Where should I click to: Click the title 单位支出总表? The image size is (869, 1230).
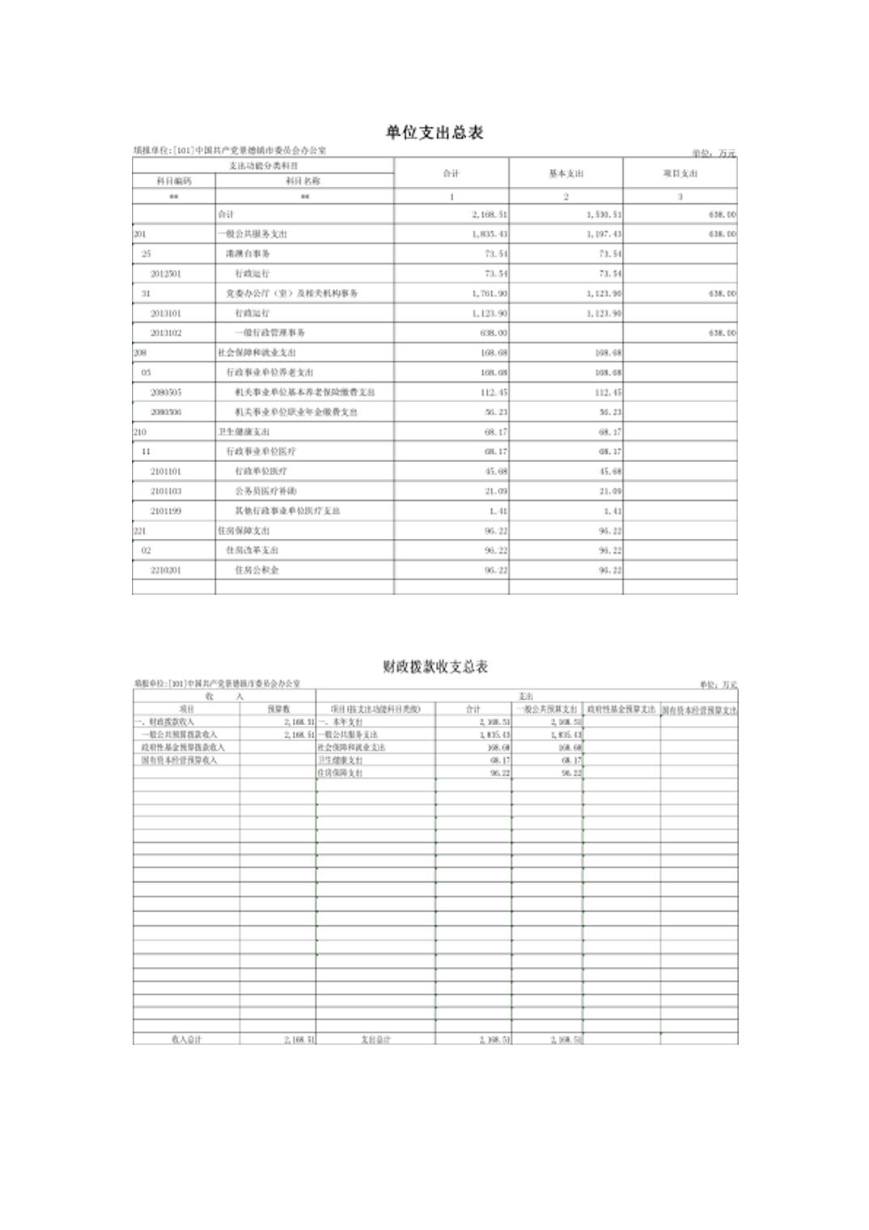(434, 133)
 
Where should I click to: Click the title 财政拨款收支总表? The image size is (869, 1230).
(435, 667)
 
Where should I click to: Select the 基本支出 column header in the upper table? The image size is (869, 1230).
(566, 174)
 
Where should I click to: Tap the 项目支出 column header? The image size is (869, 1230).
(680, 174)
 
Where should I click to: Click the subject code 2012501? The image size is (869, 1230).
(166, 274)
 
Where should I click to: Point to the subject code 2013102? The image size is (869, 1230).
(166, 333)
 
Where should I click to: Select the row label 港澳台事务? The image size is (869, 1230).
(248, 253)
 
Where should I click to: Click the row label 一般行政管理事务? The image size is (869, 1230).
(270, 333)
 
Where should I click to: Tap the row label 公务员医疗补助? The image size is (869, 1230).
(265, 491)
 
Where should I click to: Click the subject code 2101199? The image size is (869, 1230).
(166, 511)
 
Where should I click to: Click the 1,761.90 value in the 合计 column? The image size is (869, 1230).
(490, 293)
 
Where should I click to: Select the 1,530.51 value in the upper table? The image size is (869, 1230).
(604, 214)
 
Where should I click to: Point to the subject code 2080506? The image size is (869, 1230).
(166, 412)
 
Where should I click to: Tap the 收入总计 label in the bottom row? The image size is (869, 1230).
(186, 1039)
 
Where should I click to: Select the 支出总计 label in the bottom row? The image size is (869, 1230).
(375, 1039)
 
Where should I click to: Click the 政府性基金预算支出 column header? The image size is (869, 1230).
(621, 709)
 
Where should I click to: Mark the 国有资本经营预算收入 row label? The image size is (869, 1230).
(179, 761)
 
